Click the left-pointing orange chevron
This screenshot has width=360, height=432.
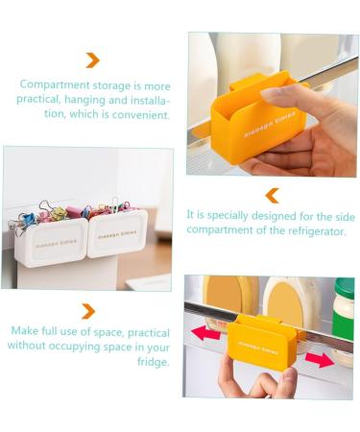[x=272, y=195]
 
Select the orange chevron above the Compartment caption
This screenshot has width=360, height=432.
[x=92, y=60]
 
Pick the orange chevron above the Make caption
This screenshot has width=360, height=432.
[x=88, y=311]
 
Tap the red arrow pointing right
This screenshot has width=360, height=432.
[x=321, y=358]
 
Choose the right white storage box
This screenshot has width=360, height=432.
[x=117, y=236]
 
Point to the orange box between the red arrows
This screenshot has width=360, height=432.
[x=261, y=341]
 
